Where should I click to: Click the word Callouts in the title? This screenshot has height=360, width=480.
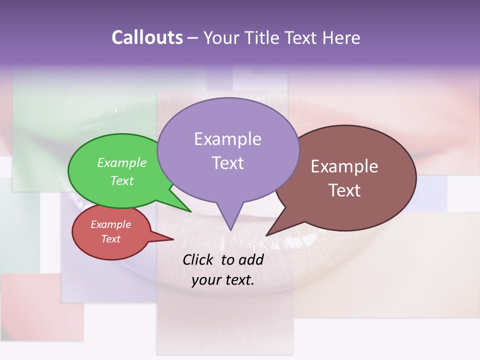click(147, 37)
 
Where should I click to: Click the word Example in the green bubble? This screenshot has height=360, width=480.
click(122, 162)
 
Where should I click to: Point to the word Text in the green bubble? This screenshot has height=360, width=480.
click(122, 180)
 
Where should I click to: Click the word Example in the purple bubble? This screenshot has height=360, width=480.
click(227, 139)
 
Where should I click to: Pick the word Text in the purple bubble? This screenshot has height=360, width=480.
click(227, 163)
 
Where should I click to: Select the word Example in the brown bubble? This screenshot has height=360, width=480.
click(344, 166)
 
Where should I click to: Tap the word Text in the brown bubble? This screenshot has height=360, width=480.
click(344, 190)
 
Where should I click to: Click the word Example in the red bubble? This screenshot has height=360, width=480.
click(111, 224)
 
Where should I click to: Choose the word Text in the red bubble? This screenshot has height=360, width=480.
click(111, 239)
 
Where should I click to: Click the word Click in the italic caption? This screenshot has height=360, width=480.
click(199, 259)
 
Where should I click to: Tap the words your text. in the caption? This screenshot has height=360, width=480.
click(223, 280)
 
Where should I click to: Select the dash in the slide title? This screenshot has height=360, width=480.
click(193, 38)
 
